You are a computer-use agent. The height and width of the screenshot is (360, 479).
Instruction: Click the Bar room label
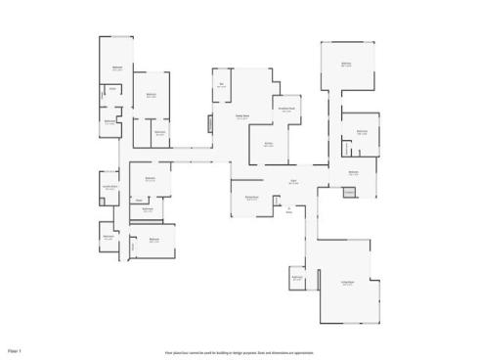coord(222,86)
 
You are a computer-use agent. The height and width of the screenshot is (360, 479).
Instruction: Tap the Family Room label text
coord(240,116)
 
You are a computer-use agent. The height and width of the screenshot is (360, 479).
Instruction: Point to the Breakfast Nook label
coord(286,110)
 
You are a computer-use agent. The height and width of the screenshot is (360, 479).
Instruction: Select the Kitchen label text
coord(269,143)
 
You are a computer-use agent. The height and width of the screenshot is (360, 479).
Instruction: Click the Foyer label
coord(292,182)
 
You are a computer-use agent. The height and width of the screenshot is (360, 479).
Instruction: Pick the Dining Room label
coord(251,198)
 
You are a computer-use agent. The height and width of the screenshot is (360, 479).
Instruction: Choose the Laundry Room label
coord(110,187)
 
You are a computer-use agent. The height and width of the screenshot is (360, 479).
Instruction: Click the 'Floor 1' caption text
coord(15,349)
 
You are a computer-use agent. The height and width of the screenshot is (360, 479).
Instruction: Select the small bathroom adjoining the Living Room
coord(296,279)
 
